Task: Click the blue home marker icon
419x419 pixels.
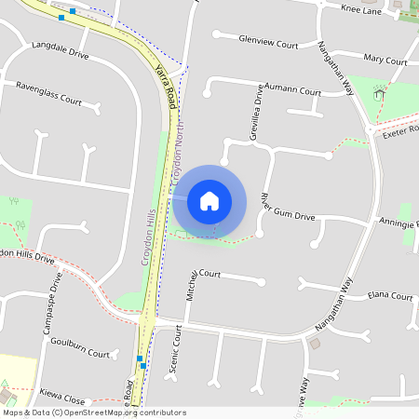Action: [209, 200]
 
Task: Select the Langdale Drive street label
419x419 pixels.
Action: [60, 48]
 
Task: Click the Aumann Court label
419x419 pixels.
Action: [292, 91]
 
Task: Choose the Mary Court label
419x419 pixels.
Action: [385, 60]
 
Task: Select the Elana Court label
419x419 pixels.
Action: [389, 296]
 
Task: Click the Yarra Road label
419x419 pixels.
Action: [166, 84]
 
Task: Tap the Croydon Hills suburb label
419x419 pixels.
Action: [146, 237]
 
